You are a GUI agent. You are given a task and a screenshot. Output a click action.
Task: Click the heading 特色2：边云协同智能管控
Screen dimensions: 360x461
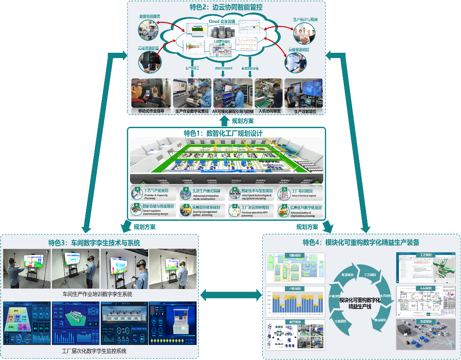(x=227, y=8)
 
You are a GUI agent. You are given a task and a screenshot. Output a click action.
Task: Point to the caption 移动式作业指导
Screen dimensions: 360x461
(x=148, y=111)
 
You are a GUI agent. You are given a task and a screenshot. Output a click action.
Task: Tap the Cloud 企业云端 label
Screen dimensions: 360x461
(x=222, y=21)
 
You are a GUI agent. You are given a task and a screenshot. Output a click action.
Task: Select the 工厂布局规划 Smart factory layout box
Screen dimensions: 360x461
(x=300, y=194)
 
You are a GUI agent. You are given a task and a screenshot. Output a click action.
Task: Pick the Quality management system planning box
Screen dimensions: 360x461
(x=202, y=211)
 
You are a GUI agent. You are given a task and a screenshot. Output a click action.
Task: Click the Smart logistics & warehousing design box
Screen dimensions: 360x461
(x=153, y=211)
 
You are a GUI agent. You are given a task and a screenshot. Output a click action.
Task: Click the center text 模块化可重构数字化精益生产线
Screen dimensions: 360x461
(x=359, y=303)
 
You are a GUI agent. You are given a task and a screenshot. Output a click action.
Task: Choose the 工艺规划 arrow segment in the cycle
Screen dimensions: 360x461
(x=370, y=275)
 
